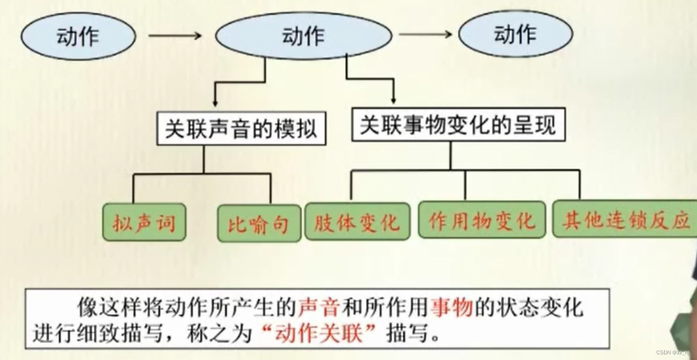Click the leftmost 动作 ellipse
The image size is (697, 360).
[x=78, y=37]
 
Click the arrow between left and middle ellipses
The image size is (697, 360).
[x=175, y=35]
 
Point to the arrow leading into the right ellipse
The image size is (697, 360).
[x=426, y=34]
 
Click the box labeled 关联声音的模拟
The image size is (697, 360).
[x=241, y=129]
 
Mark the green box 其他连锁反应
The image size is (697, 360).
[x=625, y=220]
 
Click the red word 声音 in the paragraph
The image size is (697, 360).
[x=319, y=308]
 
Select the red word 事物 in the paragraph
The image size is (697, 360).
[x=452, y=308]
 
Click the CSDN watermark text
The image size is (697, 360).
[x=673, y=352]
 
